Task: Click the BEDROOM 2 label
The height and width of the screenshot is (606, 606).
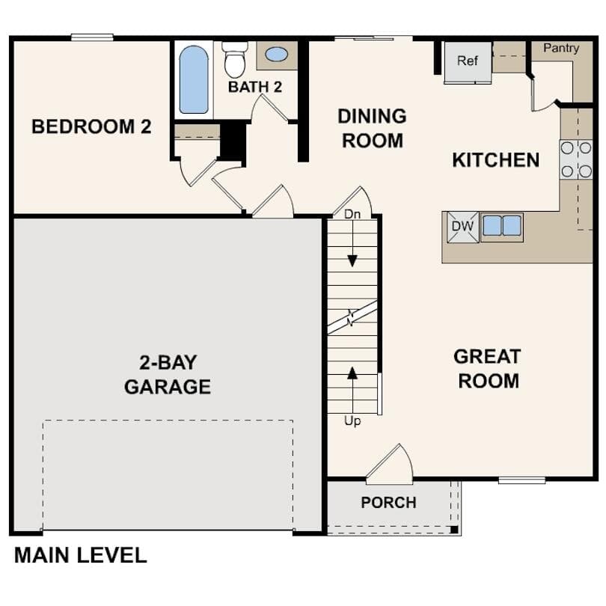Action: point(91,126)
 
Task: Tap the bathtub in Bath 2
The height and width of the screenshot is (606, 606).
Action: point(194,79)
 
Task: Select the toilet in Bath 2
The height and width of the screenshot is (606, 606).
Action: point(235,59)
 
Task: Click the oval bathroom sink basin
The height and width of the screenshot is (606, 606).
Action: point(276,55)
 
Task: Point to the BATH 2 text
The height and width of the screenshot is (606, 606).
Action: point(255,87)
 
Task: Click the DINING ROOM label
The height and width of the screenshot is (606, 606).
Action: point(372,128)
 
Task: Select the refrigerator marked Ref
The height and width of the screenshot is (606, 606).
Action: point(468,61)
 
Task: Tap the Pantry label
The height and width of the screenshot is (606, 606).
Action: point(561,49)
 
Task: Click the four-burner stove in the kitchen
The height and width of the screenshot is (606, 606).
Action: point(576,159)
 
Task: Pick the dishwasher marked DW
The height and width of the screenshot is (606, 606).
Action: point(462,227)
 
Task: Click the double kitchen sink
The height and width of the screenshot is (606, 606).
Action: point(501,226)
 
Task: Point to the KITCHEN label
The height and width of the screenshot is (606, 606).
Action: point(495,160)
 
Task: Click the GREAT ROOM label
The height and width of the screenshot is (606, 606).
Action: point(488,369)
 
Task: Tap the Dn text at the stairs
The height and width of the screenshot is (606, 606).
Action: point(352,215)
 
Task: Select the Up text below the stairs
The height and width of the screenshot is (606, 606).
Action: point(352,421)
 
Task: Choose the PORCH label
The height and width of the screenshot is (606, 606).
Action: point(388,503)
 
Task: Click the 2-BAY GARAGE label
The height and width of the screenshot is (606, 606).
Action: point(168,375)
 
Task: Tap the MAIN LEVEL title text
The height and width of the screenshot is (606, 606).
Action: point(80,556)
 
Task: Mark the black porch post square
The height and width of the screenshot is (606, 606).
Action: point(453,530)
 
